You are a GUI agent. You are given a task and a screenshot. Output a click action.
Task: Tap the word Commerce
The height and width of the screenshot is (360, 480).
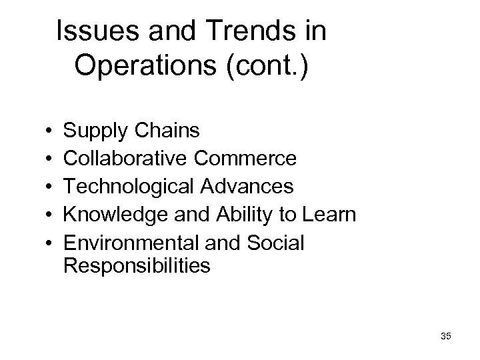coord(246,159)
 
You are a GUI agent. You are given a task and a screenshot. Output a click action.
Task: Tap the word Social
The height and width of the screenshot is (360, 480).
coord(273,243)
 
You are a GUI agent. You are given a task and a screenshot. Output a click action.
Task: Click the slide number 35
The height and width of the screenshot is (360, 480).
coord(446,337)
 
